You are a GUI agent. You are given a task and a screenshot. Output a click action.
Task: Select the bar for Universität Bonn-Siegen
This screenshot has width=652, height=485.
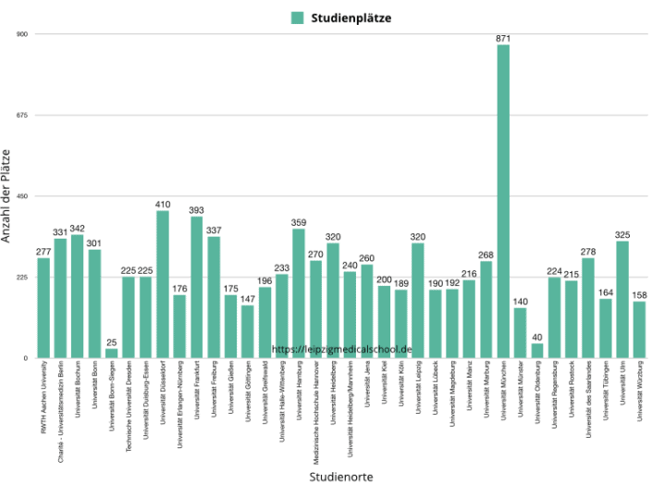111,353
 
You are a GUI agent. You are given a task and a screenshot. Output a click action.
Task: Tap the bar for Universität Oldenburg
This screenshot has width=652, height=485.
537,350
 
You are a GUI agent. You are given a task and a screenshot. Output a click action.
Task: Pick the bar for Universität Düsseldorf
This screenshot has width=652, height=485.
163,284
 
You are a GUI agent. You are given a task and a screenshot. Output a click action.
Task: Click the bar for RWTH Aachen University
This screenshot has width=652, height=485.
43,307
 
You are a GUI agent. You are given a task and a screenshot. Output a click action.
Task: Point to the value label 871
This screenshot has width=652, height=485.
503,38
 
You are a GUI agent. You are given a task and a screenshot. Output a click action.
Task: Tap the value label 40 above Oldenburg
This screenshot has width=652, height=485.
537,337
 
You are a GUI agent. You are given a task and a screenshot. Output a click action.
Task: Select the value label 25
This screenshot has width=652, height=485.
111,342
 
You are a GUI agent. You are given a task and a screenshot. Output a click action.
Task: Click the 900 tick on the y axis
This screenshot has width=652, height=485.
23,34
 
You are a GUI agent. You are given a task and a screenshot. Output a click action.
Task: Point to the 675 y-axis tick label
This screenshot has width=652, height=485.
23,115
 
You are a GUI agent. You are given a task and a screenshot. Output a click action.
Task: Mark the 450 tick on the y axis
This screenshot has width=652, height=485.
23,196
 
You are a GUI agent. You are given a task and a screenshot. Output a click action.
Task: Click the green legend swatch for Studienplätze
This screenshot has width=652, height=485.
297,17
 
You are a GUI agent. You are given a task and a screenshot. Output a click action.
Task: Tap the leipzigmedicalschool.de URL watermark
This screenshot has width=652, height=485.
341,350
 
